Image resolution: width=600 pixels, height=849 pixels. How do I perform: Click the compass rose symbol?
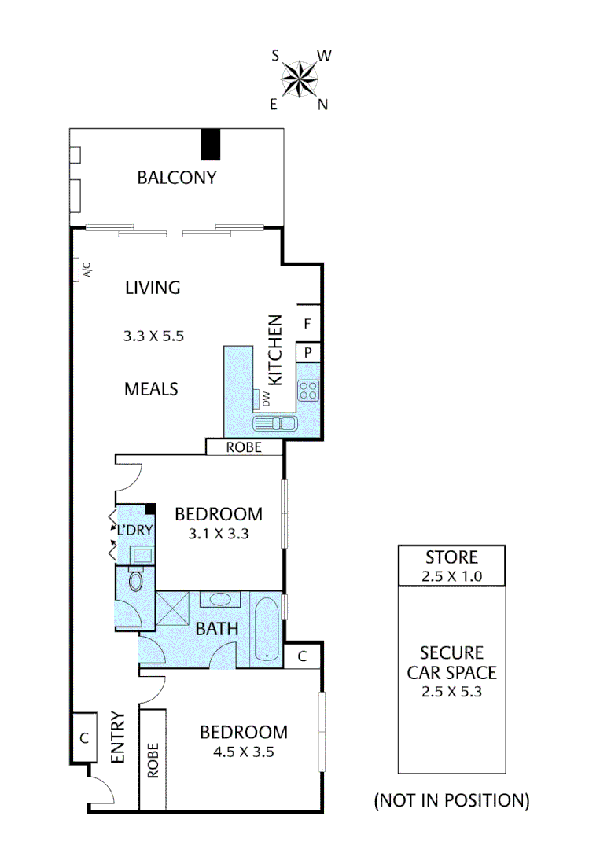point(299,79)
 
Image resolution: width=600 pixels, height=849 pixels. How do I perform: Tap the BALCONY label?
point(176,177)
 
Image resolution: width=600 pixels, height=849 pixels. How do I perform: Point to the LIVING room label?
point(153,288)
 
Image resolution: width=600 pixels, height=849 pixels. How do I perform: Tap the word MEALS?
point(151,388)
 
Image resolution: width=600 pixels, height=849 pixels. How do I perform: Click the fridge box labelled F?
point(308,322)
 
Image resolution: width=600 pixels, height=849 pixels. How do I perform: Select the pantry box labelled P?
point(308,352)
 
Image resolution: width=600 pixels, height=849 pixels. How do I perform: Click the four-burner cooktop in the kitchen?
point(307,389)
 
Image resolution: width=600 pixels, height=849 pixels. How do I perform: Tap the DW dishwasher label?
point(266,401)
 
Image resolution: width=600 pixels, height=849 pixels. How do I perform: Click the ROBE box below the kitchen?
point(244,447)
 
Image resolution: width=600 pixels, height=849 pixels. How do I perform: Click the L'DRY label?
point(134,530)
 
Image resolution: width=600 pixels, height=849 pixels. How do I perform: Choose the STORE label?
point(451,557)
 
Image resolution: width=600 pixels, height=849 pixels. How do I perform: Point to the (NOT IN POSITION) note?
point(451,800)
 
